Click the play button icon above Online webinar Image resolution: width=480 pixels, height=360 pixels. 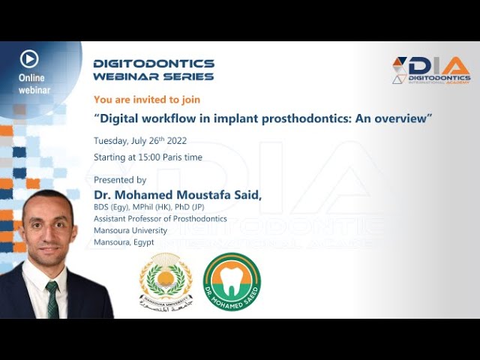point(29,58)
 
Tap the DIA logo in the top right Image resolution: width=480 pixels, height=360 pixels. point(431,70)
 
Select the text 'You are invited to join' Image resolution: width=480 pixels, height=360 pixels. point(146,99)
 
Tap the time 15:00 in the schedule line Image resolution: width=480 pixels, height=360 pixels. point(150,157)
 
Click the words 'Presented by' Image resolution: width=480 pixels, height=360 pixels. point(120,180)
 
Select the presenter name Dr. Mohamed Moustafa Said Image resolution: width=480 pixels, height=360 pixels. point(177,195)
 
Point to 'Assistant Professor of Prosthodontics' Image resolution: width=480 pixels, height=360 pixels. point(160,219)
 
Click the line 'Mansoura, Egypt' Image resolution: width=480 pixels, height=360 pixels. point(124,242)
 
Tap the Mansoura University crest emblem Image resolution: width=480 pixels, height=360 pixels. point(166,281)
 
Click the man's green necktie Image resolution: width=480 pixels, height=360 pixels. point(52,295)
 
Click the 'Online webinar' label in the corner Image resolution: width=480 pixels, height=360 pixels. point(33,84)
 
